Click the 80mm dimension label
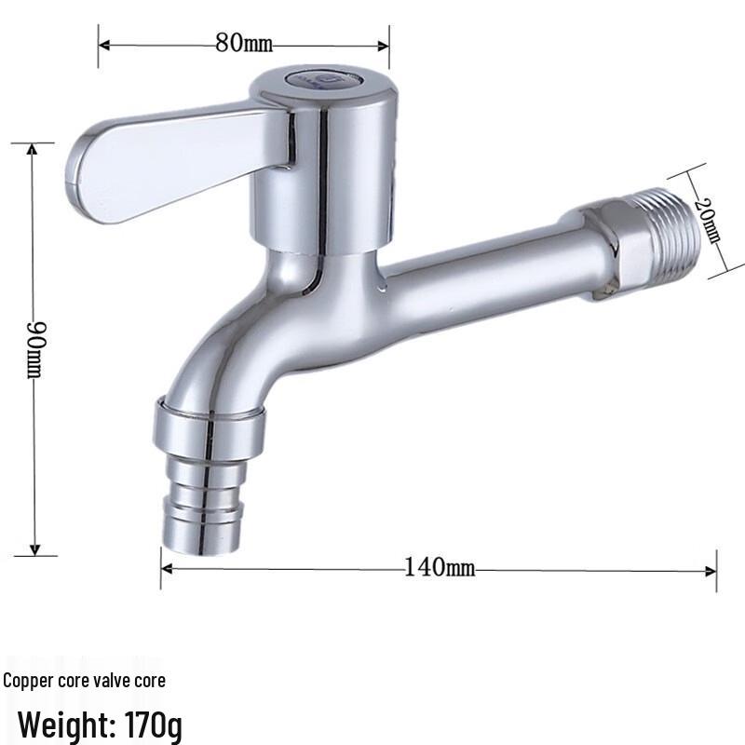coord(244,44)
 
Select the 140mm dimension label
coord(439,567)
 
